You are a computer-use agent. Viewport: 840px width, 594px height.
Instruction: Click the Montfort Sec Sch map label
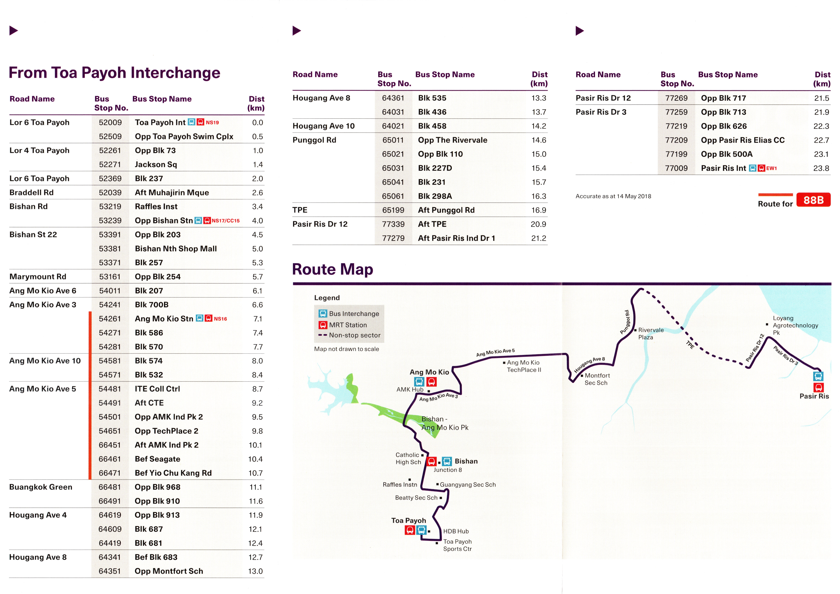tap(597, 379)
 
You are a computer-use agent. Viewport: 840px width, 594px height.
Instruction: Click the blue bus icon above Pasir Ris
tap(818, 376)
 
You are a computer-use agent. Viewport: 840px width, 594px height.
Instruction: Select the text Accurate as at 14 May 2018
tap(613, 196)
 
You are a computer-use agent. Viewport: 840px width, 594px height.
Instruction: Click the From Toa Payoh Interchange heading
tap(115, 73)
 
